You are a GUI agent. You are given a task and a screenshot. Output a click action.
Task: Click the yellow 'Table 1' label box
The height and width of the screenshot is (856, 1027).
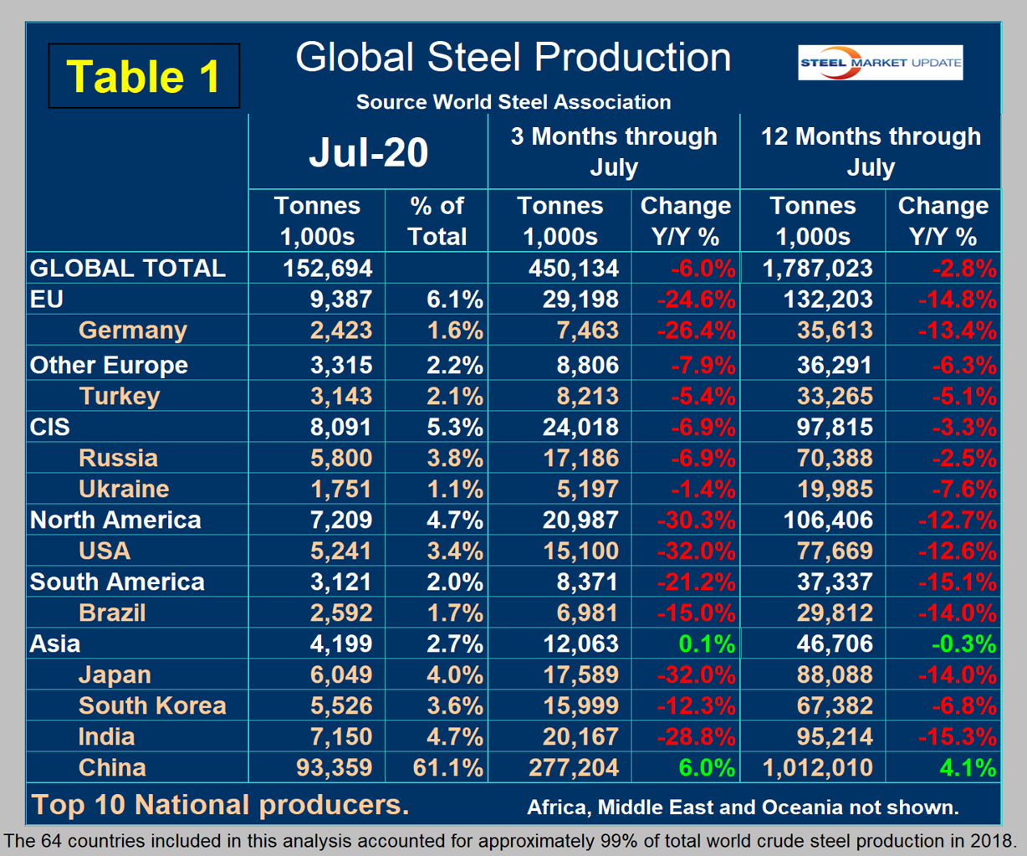(x=144, y=76)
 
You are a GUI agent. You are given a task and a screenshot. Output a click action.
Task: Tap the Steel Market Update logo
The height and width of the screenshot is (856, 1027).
(x=880, y=63)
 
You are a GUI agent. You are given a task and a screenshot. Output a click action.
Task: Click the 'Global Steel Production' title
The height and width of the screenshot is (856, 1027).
(x=513, y=58)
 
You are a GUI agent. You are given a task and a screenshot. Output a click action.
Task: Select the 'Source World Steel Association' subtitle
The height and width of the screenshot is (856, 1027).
(x=513, y=102)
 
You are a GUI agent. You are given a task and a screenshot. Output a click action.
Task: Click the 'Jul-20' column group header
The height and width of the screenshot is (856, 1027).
(x=368, y=152)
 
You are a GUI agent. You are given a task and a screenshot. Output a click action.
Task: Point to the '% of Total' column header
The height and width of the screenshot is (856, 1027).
(x=437, y=221)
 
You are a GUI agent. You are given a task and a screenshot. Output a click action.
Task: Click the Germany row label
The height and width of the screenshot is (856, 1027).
(x=132, y=330)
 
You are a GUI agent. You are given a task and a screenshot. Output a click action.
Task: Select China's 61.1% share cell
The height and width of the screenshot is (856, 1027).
(x=446, y=767)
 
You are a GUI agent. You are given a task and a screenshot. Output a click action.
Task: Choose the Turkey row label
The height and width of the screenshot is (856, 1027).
(x=119, y=396)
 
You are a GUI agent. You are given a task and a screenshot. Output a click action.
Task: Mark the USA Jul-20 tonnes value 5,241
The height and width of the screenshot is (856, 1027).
(x=340, y=551)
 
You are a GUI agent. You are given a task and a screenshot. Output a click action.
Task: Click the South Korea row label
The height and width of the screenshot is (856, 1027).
(x=152, y=705)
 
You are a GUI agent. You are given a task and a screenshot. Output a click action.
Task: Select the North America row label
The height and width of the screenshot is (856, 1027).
(x=115, y=520)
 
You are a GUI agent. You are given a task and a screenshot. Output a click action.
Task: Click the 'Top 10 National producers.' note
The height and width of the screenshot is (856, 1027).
(x=221, y=804)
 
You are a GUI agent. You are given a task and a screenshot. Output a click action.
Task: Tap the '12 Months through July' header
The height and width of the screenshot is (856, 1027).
(x=870, y=151)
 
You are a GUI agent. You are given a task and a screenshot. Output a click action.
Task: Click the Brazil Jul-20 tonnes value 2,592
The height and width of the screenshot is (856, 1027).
(x=340, y=613)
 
